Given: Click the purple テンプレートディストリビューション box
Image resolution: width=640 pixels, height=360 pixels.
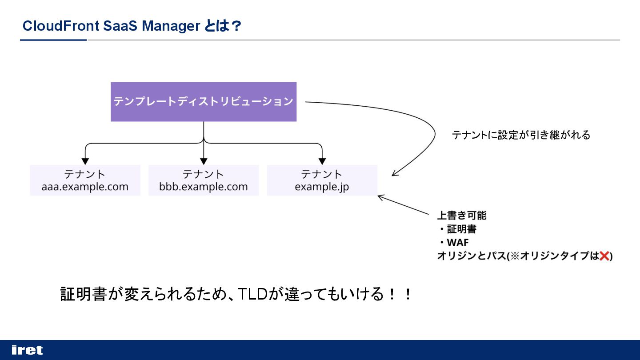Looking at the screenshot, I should pyautogui.click(x=204, y=101).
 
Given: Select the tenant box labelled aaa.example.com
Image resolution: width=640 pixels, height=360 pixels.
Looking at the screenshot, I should pyautogui.click(x=85, y=180).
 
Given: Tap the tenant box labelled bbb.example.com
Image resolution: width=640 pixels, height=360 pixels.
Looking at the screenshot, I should pyautogui.click(x=204, y=180).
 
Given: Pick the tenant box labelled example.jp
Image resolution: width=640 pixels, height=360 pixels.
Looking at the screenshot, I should pyautogui.click(x=322, y=180).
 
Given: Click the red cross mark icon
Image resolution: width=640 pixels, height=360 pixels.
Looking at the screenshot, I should pyautogui.click(x=604, y=256).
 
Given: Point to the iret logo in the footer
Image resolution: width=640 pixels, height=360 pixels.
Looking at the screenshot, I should pyautogui.click(x=27, y=350).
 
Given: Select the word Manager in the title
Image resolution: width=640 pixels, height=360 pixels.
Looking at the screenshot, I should pyautogui.click(x=171, y=26).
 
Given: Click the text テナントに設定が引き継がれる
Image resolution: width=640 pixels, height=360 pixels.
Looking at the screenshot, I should pyautogui.click(x=521, y=135).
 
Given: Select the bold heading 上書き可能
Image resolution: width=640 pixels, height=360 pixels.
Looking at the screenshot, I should pyautogui.click(x=462, y=216).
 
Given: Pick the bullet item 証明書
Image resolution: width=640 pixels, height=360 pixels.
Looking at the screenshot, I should pyautogui.click(x=461, y=229).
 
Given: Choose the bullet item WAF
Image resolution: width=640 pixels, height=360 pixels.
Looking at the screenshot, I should pyautogui.click(x=457, y=243).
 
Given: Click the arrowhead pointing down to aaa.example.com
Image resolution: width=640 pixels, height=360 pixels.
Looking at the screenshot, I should pyautogui.click(x=85, y=161).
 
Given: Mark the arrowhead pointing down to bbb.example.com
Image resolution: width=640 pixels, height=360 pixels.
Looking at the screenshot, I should pyautogui.click(x=204, y=161).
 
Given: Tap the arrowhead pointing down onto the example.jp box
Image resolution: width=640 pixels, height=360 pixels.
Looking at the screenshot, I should pyautogui.click(x=322, y=161).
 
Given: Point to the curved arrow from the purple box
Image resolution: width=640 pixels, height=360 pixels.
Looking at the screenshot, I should pyautogui.click(x=427, y=129).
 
